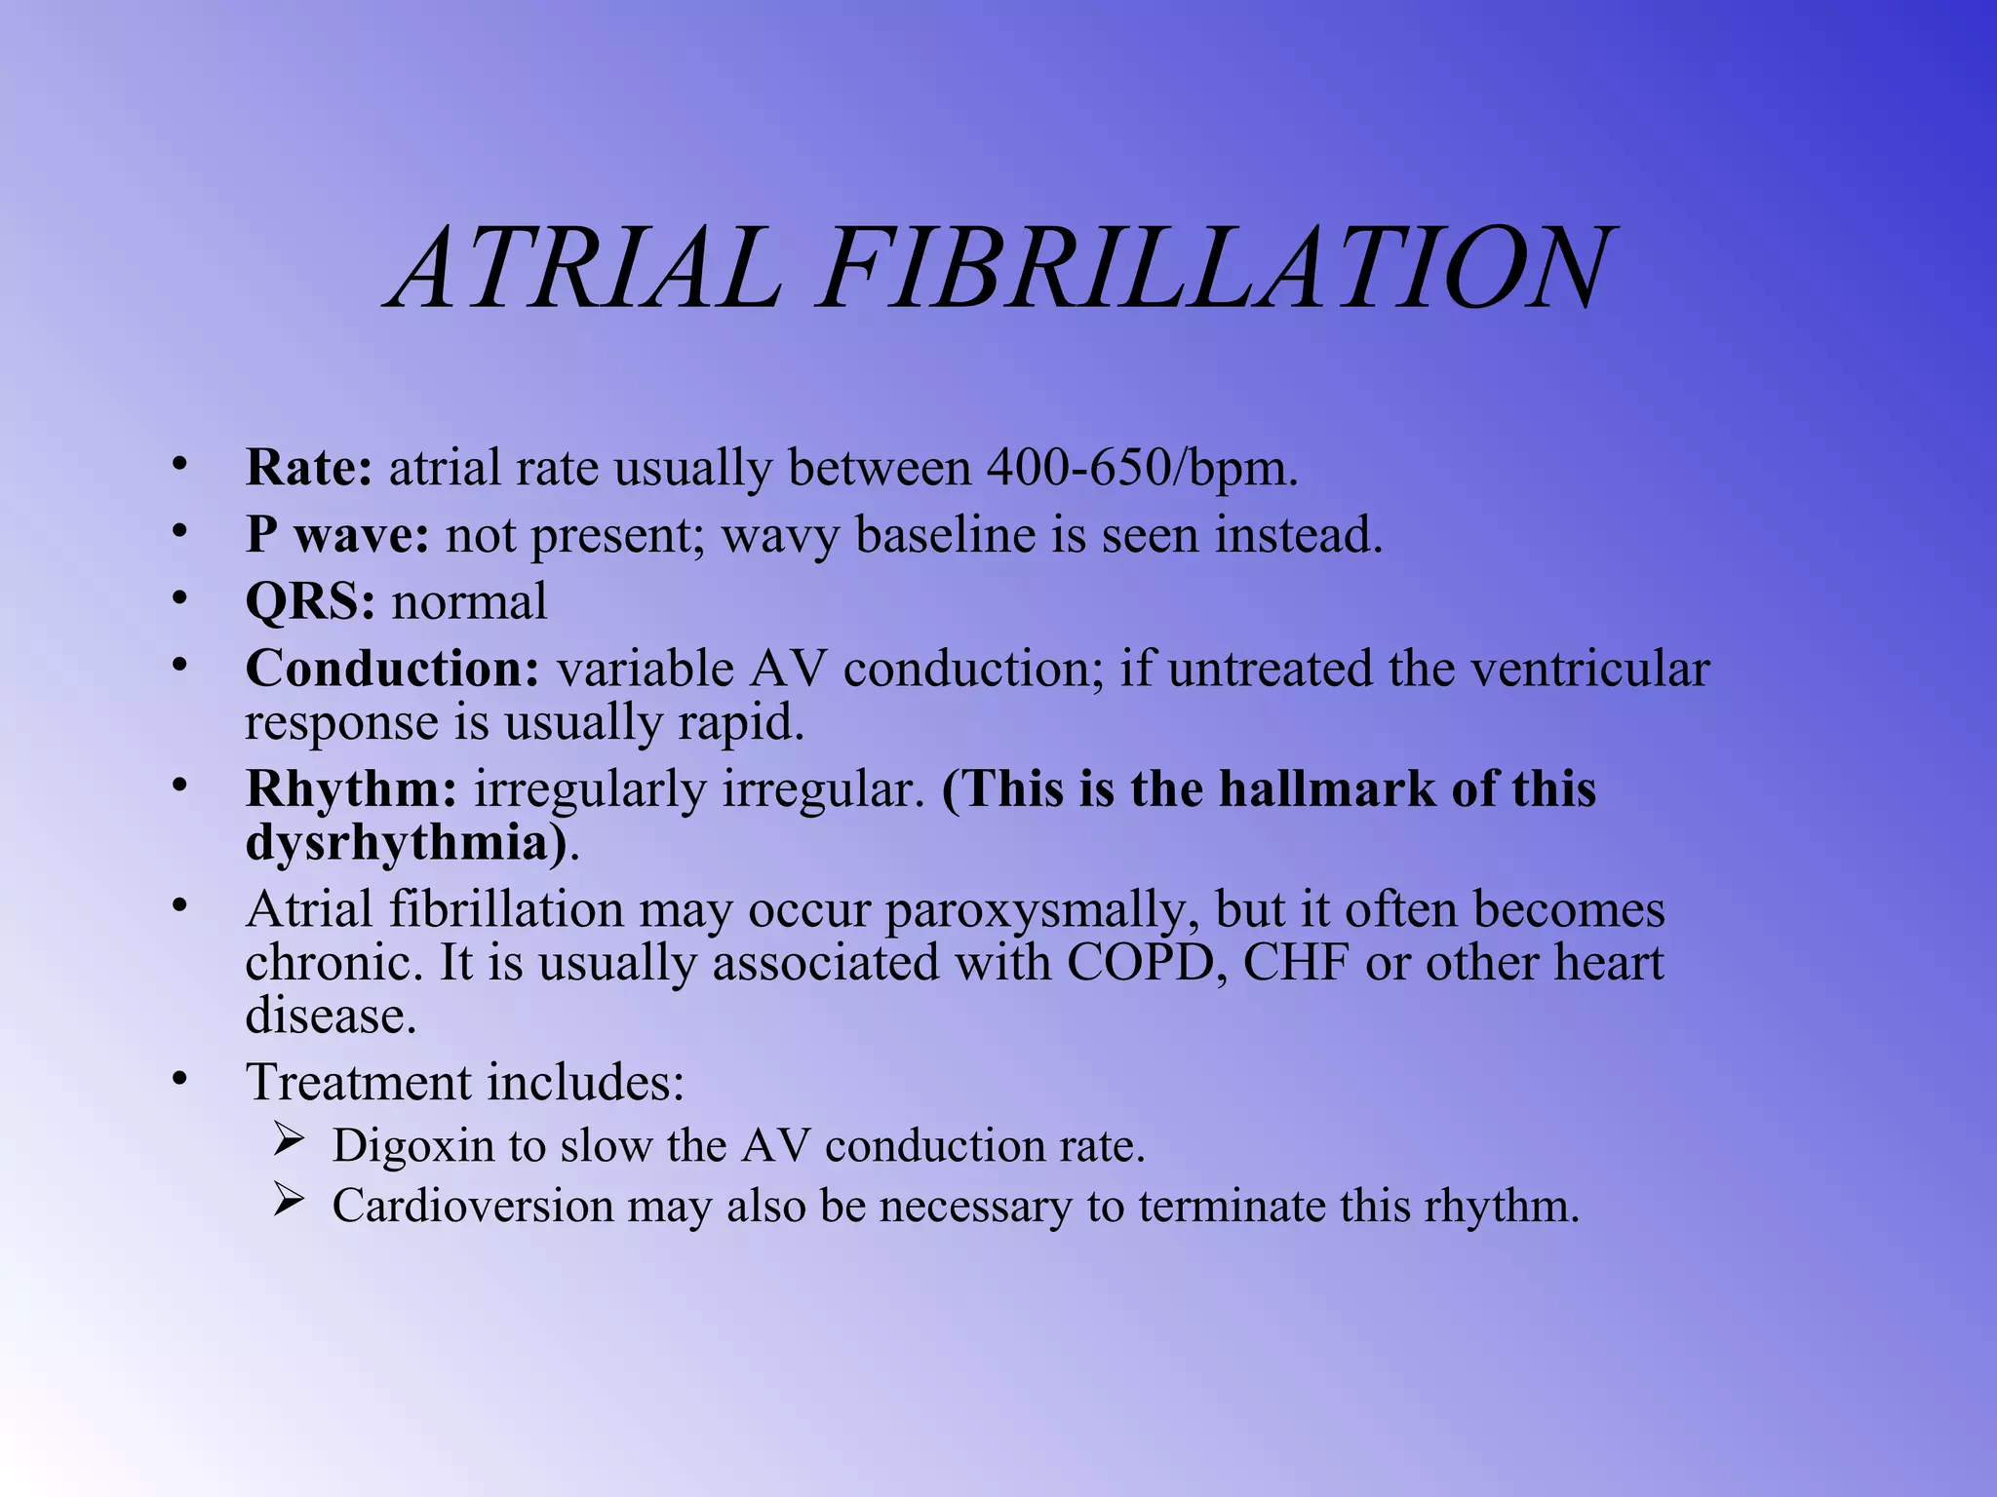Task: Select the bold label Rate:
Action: point(308,467)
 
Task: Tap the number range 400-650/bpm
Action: point(1142,469)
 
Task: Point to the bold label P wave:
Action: point(336,535)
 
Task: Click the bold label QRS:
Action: point(309,601)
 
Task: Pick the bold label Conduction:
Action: point(392,669)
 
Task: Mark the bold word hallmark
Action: point(1327,788)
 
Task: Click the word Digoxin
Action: point(412,1146)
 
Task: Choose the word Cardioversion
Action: point(472,1207)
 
